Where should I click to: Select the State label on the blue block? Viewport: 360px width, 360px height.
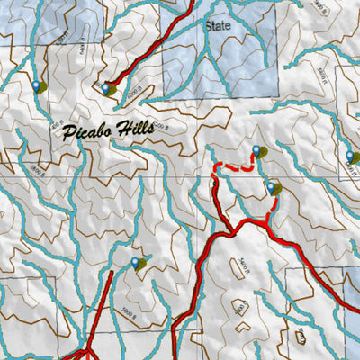point(219,26)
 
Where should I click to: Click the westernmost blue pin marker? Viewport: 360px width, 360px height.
point(37,86)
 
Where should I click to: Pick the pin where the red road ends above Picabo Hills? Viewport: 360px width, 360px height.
point(106,87)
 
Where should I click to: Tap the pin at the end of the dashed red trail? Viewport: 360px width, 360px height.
point(256,150)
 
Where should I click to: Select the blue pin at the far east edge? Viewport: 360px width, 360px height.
point(351,156)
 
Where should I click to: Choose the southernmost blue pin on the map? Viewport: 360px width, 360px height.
point(136,262)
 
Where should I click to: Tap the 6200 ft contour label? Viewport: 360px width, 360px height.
point(160,125)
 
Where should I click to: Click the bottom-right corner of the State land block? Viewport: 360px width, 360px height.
point(277,94)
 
